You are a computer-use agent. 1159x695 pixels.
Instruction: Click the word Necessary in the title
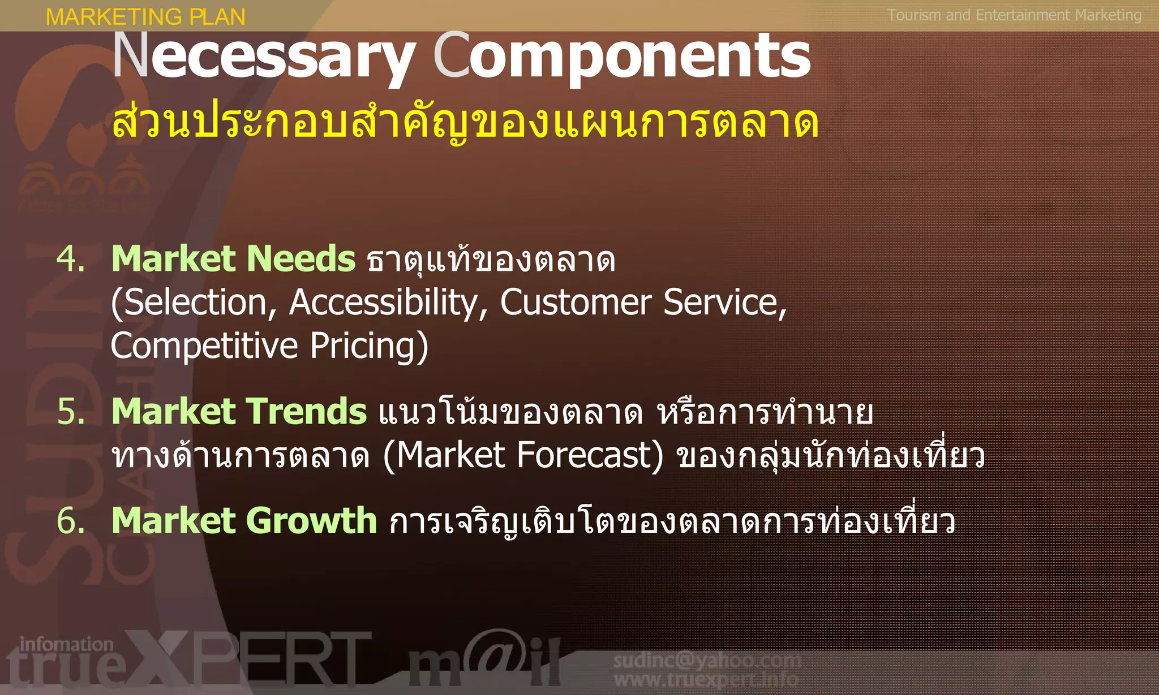click(263, 57)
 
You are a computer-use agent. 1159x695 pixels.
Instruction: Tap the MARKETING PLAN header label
click(145, 16)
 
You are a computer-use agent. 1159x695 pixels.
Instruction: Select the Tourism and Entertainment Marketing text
click(1014, 15)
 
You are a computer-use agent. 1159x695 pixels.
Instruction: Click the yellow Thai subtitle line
click(465, 122)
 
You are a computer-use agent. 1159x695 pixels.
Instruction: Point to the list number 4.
click(71, 259)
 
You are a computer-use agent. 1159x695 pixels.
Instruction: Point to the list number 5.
click(71, 411)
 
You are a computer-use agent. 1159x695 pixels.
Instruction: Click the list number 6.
click(71, 520)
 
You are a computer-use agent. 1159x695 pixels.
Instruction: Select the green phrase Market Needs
click(233, 259)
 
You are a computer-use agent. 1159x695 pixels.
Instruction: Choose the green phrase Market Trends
click(239, 411)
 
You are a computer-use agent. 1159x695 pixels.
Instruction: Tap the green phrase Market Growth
click(244, 520)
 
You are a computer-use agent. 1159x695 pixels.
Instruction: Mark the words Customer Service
click(642, 303)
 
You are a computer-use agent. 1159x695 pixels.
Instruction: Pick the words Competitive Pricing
click(269, 346)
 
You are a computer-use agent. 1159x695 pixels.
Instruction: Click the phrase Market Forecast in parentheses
click(523, 455)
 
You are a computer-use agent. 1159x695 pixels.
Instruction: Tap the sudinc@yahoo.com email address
click(707, 660)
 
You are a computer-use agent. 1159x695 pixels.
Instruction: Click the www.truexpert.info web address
click(707, 679)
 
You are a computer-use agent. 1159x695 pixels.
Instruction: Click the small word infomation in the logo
click(66, 644)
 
